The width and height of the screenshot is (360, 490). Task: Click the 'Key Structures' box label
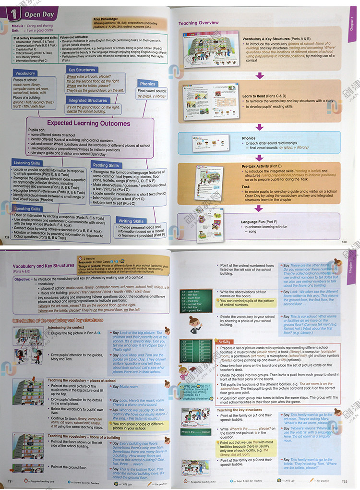pyautogui.click(x=82, y=70)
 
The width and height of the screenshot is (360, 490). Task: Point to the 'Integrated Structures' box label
pyautogui.click(x=87, y=100)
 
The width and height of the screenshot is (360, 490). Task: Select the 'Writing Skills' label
pyautogui.click(x=131, y=221)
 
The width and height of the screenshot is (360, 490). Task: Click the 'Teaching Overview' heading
pyautogui.click(x=199, y=23)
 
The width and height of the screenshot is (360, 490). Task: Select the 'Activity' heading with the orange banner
pyautogui.click(x=224, y=342)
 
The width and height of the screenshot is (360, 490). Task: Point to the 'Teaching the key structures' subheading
pyautogui.click(x=240, y=410)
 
